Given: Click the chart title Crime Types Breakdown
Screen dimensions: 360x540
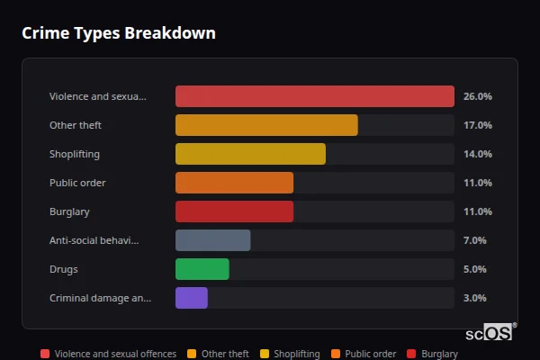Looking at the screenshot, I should pos(118,33).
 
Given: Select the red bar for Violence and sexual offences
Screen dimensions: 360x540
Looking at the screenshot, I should pos(314,96).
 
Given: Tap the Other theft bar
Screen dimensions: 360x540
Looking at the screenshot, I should pos(266,125).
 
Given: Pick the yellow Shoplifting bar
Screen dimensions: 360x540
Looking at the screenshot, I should pos(250,154).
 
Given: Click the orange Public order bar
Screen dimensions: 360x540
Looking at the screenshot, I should pos(234,183).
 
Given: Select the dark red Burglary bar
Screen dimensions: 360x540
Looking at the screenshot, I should pos(234,211).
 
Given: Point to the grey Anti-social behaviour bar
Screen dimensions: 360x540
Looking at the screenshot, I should pos(212,240).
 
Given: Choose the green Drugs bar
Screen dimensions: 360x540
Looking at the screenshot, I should pos(202,269).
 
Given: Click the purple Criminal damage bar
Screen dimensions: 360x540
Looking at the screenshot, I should pos(191,298).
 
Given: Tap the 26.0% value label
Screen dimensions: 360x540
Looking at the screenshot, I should pos(477,96).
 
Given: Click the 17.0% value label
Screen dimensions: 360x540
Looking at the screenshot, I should pos(477,125).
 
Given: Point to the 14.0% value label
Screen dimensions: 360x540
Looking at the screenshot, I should pos(477,154).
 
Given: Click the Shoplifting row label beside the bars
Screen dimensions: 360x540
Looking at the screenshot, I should pos(75,154).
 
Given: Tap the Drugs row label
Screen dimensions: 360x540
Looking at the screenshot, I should pos(63,269).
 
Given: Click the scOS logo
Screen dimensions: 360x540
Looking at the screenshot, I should pos(490,333).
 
